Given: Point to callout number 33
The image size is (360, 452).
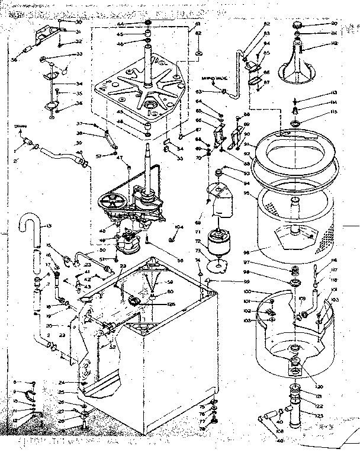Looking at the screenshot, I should click(x=78, y=54).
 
